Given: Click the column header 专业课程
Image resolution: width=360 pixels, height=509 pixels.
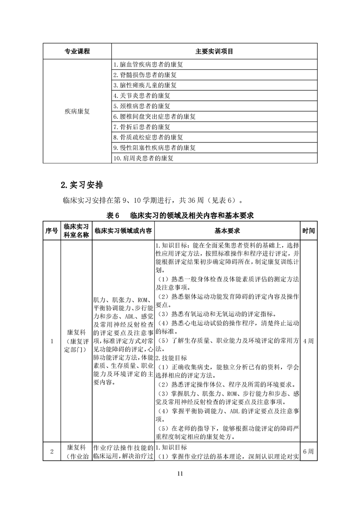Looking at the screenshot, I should pos(77,51).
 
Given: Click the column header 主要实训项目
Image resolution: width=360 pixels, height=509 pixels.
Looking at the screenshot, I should pos(214,51).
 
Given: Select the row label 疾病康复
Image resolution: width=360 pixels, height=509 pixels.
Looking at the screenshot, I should pos(77,111).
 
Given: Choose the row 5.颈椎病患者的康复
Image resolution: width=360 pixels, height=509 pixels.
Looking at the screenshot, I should pos(142,106).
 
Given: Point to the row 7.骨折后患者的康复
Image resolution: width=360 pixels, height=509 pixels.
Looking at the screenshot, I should pos(142,127).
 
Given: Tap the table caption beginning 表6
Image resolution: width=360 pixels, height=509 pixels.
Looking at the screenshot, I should pos(180,215).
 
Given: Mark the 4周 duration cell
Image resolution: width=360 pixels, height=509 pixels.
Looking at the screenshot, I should pos(308,341).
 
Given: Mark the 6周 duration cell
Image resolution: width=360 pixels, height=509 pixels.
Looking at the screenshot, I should pos(308,451).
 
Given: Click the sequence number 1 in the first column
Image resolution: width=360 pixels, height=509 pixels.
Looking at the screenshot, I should pos(52,341).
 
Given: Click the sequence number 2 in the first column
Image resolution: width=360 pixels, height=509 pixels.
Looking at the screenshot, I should pos(52,451).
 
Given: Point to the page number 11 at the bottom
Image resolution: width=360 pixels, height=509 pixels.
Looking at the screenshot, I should pos(180,474).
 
